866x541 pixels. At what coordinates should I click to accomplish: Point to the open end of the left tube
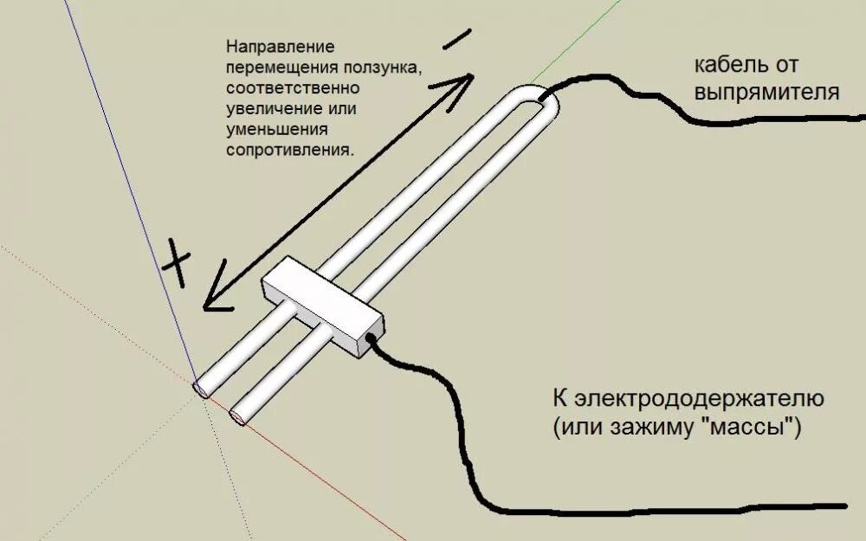click(x=201, y=390)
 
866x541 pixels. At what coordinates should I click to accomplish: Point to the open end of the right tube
click(x=236, y=417)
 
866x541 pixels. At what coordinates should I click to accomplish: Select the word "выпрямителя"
click(x=766, y=92)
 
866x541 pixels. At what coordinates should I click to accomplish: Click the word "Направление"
click(x=280, y=47)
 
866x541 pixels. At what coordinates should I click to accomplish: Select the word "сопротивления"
click(x=289, y=149)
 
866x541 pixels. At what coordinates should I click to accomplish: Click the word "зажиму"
click(x=635, y=427)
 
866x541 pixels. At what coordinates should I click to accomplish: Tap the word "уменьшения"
click(x=277, y=129)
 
